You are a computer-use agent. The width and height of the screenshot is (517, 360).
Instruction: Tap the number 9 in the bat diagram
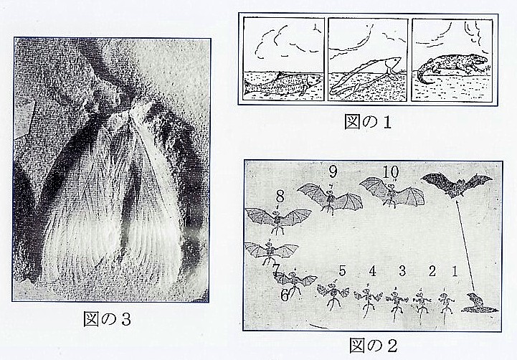click(x=332, y=171)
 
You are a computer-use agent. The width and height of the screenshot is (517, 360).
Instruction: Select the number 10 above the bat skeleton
click(x=391, y=173)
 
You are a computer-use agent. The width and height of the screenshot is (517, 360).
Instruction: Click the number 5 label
click(x=343, y=271)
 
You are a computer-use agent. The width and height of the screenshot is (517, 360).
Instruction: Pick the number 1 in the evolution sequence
click(x=452, y=271)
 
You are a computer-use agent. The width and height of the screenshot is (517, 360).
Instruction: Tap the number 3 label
click(x=402, y=271)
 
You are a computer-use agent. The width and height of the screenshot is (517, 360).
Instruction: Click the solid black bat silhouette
click(x=457, y=184)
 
